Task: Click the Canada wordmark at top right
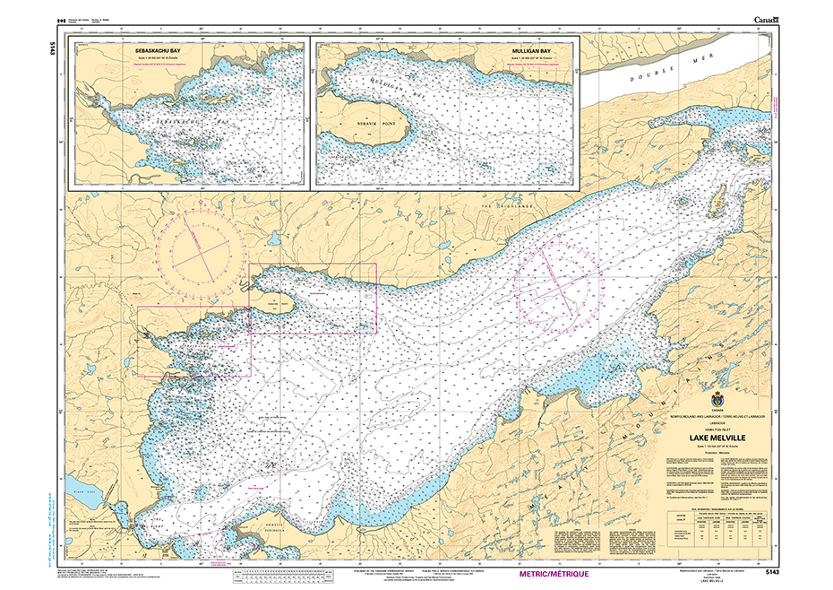pyautogui.click(x=767, y=20)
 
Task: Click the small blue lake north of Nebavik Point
pyautogui.click(x=271, y=239)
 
